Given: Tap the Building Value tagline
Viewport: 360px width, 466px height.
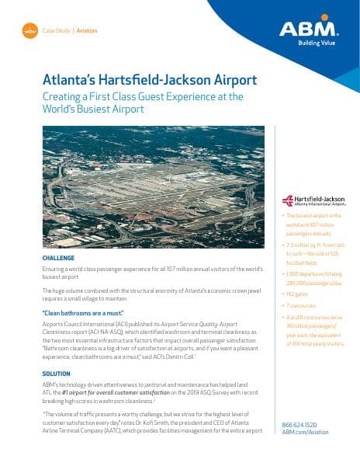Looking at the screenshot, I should [x=319, y=43].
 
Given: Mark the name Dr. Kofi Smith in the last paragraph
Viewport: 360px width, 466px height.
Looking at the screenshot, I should [x=198, y=422].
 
